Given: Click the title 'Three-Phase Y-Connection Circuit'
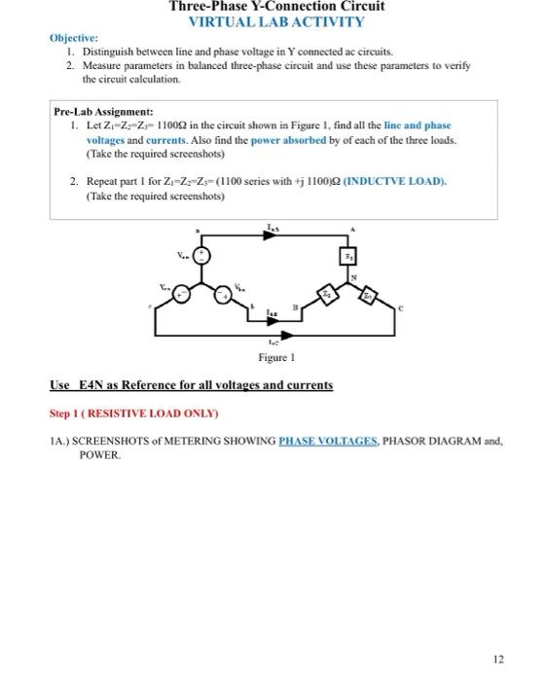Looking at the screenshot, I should click(x=276, y=7).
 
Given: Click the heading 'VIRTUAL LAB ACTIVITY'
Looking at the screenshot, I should click(x=276, y=21).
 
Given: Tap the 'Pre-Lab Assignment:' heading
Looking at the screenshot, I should click(x=103, y=112).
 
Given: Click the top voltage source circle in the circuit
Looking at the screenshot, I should click(x=201, y=256).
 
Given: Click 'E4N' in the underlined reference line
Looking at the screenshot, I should click(x=90, y=385).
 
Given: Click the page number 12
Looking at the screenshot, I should click(x=497, y=660).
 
